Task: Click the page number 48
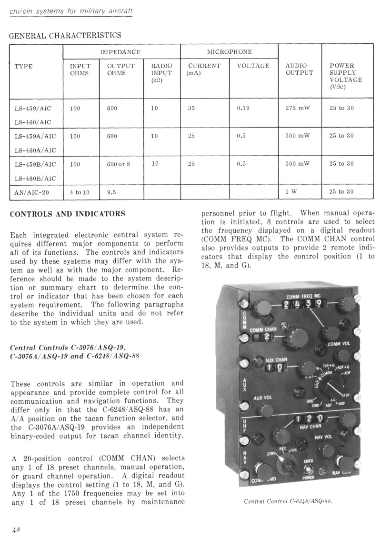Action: (16, 529)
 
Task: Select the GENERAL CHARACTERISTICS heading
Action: (66, 35)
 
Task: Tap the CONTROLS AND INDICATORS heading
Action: (68, 214)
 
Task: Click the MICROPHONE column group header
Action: (229, 51)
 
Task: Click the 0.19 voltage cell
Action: (243, 108)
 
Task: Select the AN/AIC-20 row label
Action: (32, 192)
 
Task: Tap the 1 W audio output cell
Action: (291, 192)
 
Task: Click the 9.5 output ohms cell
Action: (112, 192)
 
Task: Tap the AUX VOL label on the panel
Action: (263, 397)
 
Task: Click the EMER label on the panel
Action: (309, 461)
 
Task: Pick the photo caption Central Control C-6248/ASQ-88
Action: (288, 501)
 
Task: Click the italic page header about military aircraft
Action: (68, 10)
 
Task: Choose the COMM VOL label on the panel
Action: (339, 344)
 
